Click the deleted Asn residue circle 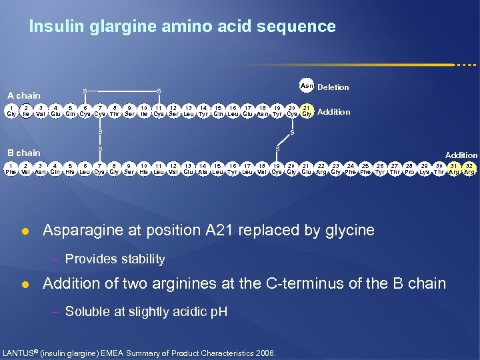(307, 86)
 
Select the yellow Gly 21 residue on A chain (307, 111)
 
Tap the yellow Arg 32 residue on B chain (469, 168)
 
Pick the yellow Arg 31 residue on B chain (455, 168)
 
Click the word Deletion (333, 87)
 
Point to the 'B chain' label (24, 153)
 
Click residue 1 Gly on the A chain (11, 111)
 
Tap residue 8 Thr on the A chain (115, 111)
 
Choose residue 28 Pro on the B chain (410, 168)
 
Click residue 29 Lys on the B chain (425, 168)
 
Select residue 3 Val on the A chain (41, 111)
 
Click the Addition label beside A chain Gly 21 (334, 112)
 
